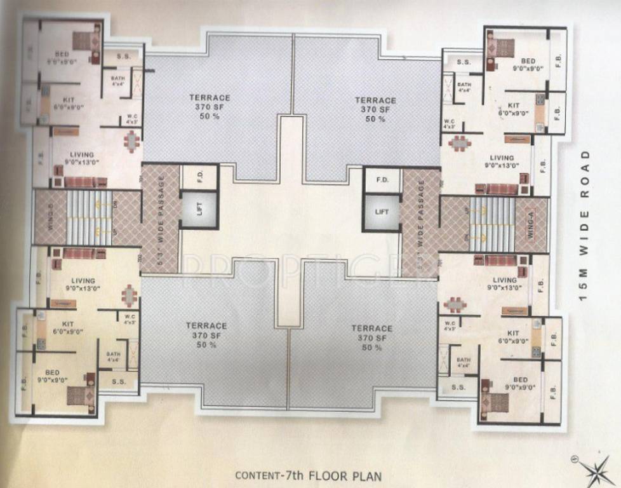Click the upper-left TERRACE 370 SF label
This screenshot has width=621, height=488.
pyautogui.click(x=210, y=107)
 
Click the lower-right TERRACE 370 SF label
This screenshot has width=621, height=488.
pyautogui.click(x=371, y=337)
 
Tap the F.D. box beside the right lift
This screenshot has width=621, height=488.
pyautogui.click(x=382, y=180)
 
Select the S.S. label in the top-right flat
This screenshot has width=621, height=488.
pyautogui.click(x=464, y=62)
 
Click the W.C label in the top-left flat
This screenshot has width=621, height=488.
pyautogui.click(x=132, y=118)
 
